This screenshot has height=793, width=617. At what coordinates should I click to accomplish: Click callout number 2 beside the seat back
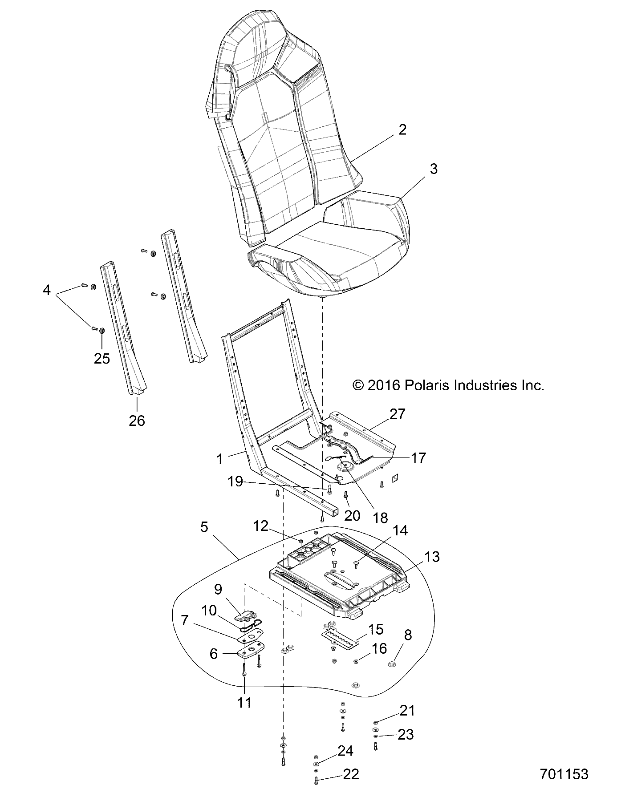pyautogui.click(x=402, y=130)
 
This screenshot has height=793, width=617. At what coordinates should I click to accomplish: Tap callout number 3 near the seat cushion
pyautogui.click(x=433, y=169)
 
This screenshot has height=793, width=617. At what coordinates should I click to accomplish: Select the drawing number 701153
pyautogui.click(x=564, y=774)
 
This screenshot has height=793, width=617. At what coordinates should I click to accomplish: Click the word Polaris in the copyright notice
pyautogui.click(x=426, y=385)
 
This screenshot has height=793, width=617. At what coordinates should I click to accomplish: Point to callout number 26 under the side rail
pyautogui.click(x=137, y=420)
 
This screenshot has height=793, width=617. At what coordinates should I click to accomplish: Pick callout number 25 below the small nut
pyautogui.click(x=101, y=358)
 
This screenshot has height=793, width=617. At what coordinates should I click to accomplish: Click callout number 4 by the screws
pyautogui.click(x=46, y=291)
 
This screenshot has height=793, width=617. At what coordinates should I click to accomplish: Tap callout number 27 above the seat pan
pyautogui.click(x=397, y=414)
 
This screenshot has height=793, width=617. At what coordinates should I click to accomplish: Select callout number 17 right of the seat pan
pyautogui.click(x=418, y=457)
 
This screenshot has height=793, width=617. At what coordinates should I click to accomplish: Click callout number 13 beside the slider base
pyautogui.click(x=431, y=557)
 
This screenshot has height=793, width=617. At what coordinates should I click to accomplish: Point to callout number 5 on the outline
pyautogui.click(x=204, y=527)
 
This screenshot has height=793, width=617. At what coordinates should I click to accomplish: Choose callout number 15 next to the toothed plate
pyautogui.click(x=376, y=630)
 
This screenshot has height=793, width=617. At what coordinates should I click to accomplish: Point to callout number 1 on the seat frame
pyautogui.click(x=219, y=459)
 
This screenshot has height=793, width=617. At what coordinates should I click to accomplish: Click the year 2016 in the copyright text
pyautogui.click(x=384, y=385)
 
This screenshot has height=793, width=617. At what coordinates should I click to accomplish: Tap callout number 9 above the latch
pyautogui.click(x=218, y=590)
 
